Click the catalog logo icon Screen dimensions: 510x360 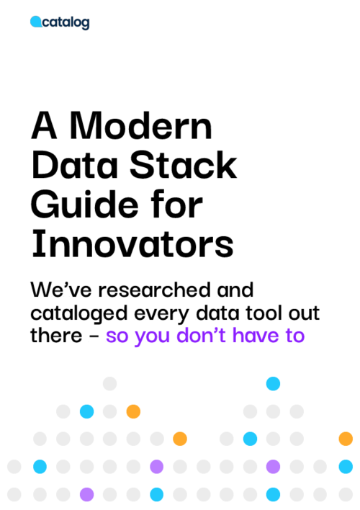[35, 23]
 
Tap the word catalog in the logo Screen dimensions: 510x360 [66, 23]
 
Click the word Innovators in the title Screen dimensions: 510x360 [132, 245]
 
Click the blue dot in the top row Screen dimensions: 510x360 [273, 384]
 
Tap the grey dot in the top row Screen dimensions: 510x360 [109, 384]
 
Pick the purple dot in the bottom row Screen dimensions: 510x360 [86, 494]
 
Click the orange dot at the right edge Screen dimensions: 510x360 [346, 439]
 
